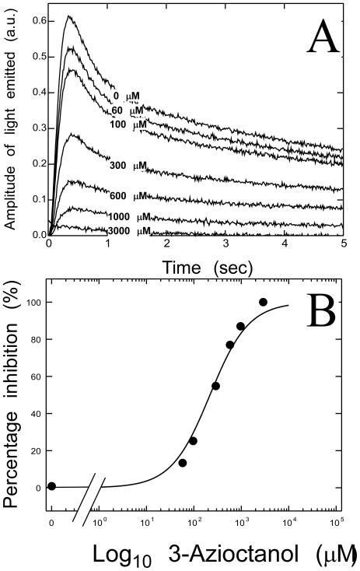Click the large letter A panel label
(x=314, y=37)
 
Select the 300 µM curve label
(x=128, y=166)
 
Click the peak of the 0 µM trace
(x=68, y=16)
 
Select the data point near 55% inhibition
(x=216, y=386)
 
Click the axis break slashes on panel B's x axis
(x=87, y=510)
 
